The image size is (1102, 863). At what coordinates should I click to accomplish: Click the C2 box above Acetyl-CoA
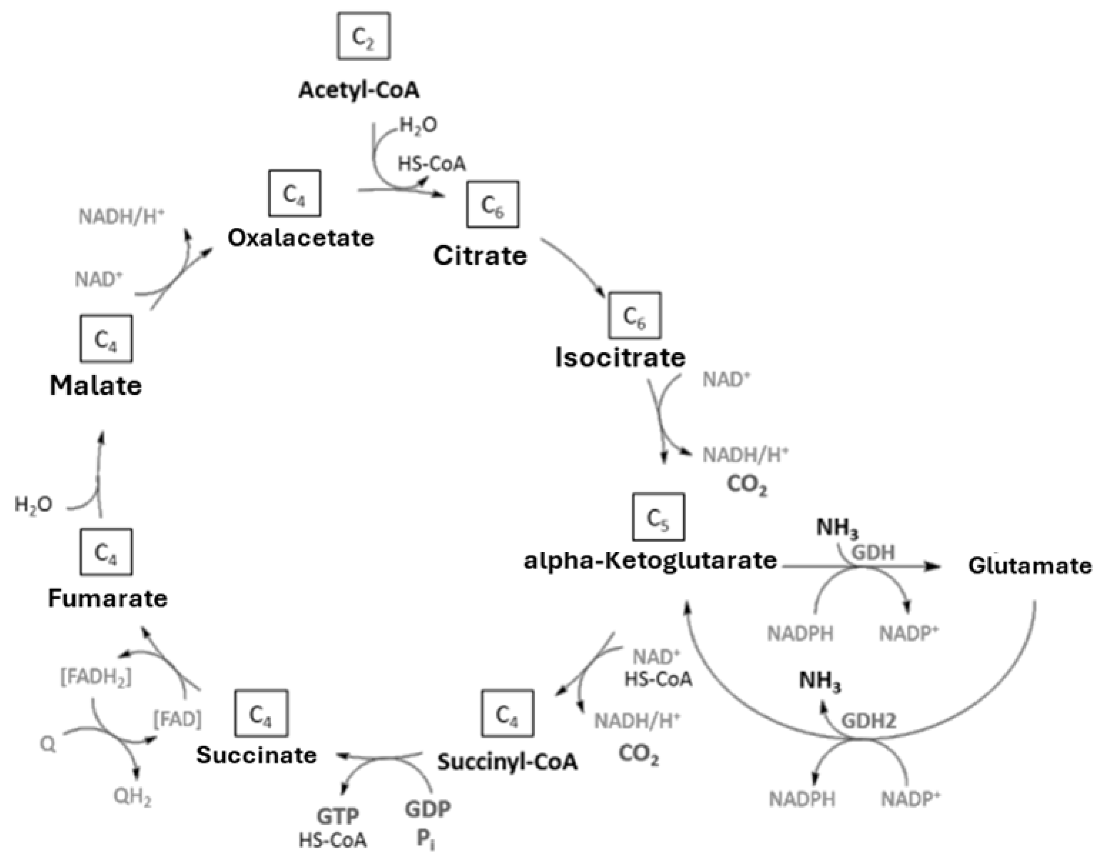tap(363, 36)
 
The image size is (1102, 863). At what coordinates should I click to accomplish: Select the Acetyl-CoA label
tap(359, 90)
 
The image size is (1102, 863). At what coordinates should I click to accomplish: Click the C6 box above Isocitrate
tap(634, 315)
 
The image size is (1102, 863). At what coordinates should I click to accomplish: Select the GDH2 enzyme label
tap(868, 721)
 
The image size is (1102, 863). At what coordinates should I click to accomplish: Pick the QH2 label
tap(132, 797)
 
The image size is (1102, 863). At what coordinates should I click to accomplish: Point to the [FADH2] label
tap(96, 677)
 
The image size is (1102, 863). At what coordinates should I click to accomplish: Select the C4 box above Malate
tap(106, 339)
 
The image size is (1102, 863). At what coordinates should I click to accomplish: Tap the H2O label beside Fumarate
tap(33, 505)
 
